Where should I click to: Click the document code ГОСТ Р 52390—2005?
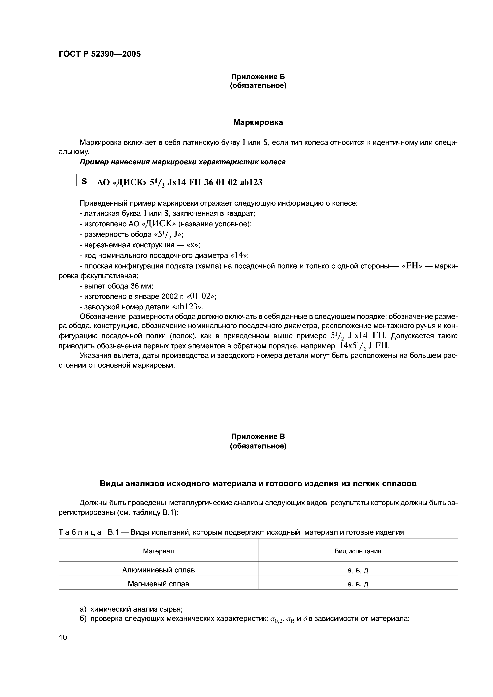(x=100, y=54)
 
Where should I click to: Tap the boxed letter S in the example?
(x=84, y=181)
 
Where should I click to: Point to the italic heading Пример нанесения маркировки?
(x=182, y=162)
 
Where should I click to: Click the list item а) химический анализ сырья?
(x=131, y=609)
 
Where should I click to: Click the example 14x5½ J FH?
(x=364, y=346)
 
